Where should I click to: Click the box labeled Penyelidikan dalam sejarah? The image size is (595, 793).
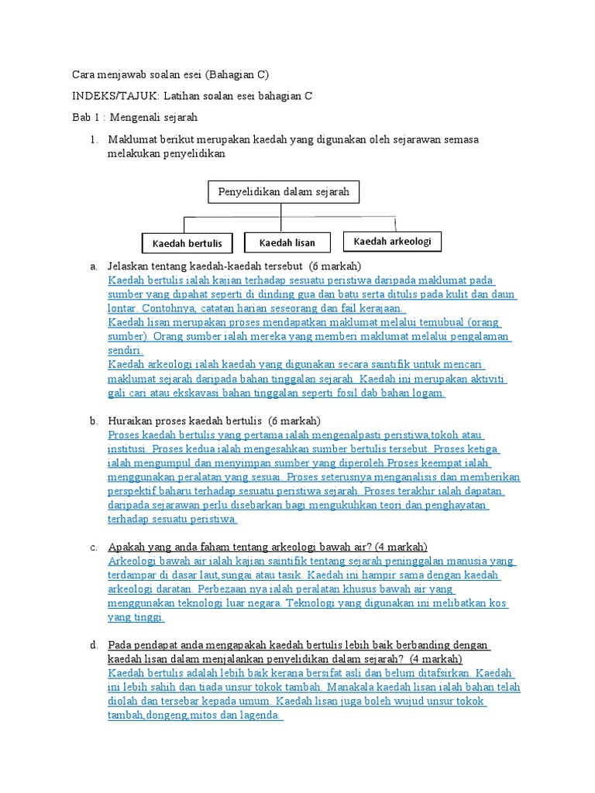(284, 191)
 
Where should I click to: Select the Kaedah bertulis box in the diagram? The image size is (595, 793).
(187, 243)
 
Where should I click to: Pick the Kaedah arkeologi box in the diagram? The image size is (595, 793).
(392, 242)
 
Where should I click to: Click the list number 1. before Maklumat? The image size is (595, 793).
(93, 139)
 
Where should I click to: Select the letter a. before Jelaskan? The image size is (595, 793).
(93, 266)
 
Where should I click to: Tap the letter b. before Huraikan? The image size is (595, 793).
(93, 421)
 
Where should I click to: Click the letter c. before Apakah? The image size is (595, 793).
(93, 547)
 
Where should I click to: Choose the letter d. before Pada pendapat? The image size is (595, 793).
(93, 645)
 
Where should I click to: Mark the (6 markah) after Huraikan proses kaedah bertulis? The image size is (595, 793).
(289, 421)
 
